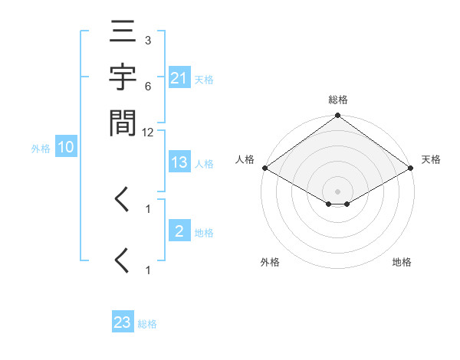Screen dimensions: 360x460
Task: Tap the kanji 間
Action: pyautogui.click(x=123, y=122)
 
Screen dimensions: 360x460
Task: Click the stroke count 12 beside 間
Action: pyautogui.click(x=148, y=133)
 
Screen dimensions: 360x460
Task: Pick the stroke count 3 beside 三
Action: pyautogui.click(x=147, y=39)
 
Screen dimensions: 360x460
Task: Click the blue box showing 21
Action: pyautogui.click(x=179, y=79)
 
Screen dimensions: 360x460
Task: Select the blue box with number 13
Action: pyautogui.click(x=179, y=163)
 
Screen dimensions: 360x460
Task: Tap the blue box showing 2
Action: pyautogui.click(x=179, y=232)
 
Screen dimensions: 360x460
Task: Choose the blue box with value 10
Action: pyautogui.click(x=66, y=148)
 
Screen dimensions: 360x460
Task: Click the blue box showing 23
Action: pyautogui.click(x=123, y=322)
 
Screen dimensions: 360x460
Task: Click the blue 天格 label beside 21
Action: pyautogui.click(x=204, y=80)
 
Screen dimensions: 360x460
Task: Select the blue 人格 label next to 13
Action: pyautogui.click(x=204, y=164)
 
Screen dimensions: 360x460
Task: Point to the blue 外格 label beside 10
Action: pyautogui.click(x=41, y=149)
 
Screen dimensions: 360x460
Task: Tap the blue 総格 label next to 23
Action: pyautogui.click(x=147, y=324)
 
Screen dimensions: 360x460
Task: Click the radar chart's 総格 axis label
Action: pyautogui.click(x=337, y=100)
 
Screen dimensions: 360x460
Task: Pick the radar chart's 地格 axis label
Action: pyautogui.click(x=402, y=263)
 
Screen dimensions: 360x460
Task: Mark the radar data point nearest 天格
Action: pyautogui.click(x=411, y=168)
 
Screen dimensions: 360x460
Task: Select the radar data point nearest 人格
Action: pyautogui.click(x=264, y=168)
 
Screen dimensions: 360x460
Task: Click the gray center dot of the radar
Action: pyautogui.click(x=337, y=191)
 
